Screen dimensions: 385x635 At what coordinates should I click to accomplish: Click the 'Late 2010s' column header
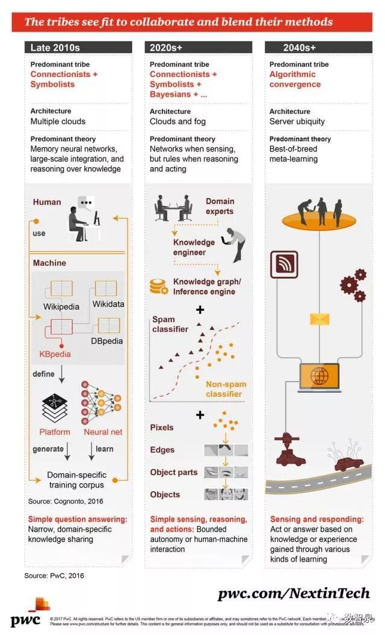(55, 48)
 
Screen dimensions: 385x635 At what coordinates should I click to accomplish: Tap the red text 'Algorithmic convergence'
(295, 79)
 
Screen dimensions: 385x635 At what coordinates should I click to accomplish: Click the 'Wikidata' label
(108, 304)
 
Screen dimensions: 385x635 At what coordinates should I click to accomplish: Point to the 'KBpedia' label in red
(55, 354)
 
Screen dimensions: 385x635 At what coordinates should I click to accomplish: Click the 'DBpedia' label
(107, 341)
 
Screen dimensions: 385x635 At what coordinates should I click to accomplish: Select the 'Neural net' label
(103, 432)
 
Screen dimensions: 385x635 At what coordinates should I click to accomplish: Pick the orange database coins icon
(159, 287)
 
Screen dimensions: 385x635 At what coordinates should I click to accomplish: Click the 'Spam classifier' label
(170, 324)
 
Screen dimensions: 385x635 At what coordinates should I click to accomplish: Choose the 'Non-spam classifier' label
(226, 389)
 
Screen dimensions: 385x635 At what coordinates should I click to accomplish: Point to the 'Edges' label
(162, 450)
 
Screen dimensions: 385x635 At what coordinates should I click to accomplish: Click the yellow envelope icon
(319, 319)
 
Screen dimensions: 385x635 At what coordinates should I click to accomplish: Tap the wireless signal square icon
(284, 265)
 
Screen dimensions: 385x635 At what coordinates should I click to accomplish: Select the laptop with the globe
(319, 377)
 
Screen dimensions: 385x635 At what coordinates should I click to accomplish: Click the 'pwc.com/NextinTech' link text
(294, 594)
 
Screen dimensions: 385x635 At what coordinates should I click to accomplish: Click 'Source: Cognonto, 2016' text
(66, 501)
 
